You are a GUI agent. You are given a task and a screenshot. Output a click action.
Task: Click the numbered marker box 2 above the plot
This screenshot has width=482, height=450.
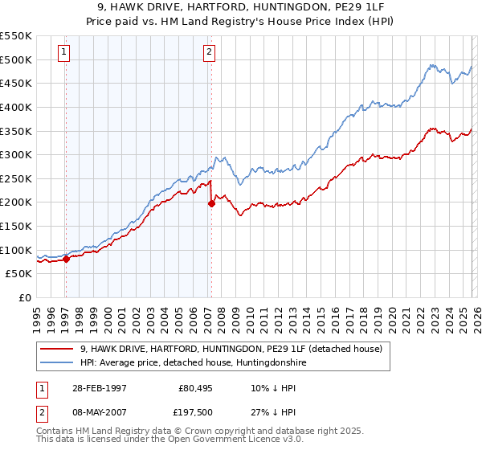209,53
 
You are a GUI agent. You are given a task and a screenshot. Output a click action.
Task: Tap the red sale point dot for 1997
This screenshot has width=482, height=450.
67,259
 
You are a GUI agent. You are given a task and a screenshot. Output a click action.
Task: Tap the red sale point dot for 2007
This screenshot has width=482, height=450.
211,203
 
